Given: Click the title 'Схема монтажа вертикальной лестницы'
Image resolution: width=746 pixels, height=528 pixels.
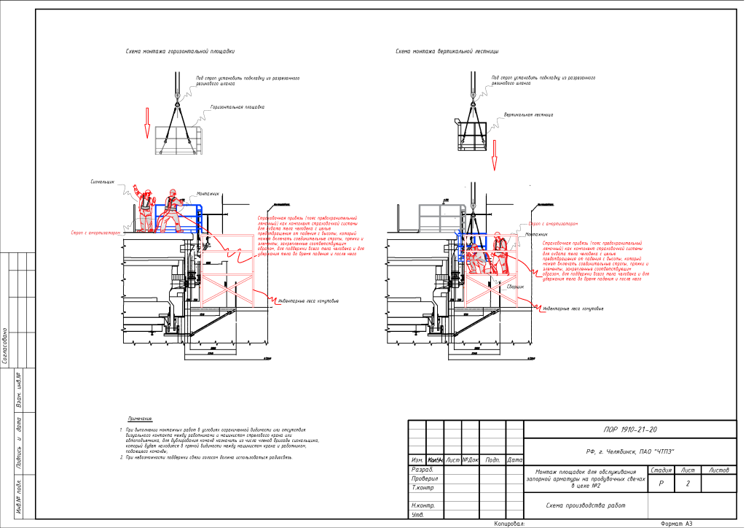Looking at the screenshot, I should [x=447, y=52].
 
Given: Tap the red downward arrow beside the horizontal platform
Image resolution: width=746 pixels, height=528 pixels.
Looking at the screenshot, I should [x=146, y=123].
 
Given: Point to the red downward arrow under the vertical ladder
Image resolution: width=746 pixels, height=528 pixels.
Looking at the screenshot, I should [x=495, y=150].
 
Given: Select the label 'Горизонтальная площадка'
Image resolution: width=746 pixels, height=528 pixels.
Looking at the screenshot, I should [x=237, y=107].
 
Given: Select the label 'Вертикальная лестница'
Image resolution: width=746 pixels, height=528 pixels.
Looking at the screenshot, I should [x=528, y=114].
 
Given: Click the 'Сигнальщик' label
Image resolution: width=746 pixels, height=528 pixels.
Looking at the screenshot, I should [x=103, y=182].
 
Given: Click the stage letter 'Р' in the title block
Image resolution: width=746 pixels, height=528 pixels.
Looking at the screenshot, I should [x=661, y=484].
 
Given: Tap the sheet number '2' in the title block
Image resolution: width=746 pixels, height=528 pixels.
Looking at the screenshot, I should [x=688, y=484].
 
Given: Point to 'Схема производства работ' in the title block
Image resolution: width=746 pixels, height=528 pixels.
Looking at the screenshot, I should [x=585, y=505].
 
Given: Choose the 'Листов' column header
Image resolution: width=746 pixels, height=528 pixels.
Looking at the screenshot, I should [x=718, y=470].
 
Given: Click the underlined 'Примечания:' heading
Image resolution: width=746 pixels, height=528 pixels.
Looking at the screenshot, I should [x=141, y=419].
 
